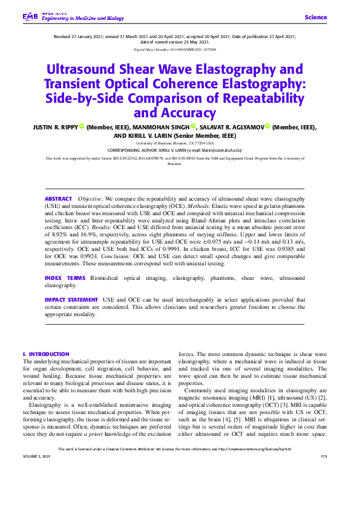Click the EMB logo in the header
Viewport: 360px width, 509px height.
30,16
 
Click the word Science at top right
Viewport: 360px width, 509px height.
315,18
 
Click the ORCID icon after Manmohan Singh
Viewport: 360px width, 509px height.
194,127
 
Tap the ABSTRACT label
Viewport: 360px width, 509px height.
58,199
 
